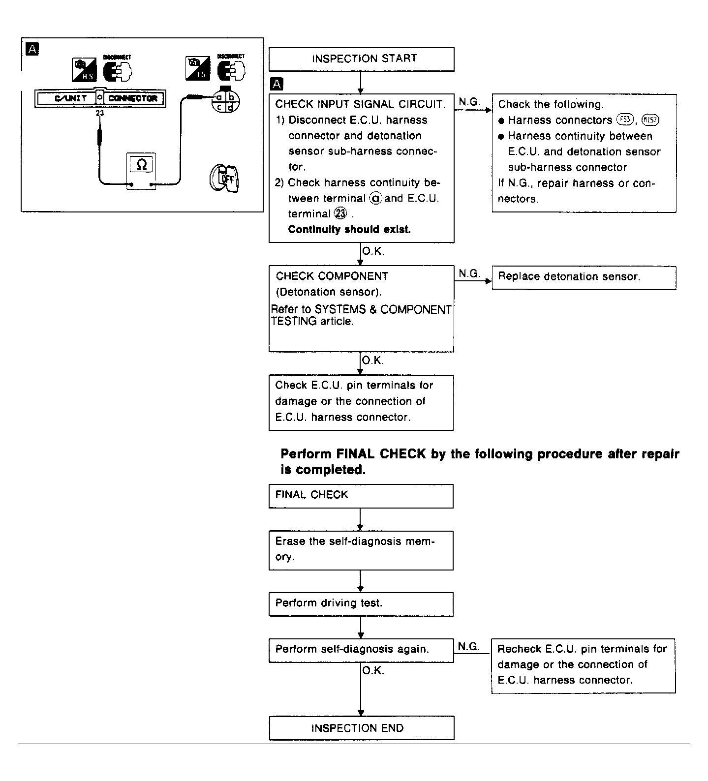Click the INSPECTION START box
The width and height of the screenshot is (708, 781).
(x=361, y=59)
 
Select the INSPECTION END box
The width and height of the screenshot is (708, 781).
(x=361, y=728)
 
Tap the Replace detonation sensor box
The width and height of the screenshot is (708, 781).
(x=584, y=277)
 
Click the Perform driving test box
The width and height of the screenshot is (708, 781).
(x=361, y=603)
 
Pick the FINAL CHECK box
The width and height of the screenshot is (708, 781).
(x=361, y=495)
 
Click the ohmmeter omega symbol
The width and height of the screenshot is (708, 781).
(x=141, y=165)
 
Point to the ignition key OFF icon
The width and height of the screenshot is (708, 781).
(x=224, y=179)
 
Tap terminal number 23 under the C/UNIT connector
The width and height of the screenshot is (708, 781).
(x=100, y=113)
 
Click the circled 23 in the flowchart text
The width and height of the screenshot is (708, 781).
(x=340, y=213)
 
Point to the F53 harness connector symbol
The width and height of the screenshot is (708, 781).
(x=626, y=120)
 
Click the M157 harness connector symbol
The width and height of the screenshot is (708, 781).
(x=650, y=120)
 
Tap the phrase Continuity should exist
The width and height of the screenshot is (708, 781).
(x=349, y=230)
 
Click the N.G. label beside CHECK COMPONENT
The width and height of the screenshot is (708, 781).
(x=469, y=273)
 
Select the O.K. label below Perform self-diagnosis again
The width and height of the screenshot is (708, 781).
(x=373, y=670)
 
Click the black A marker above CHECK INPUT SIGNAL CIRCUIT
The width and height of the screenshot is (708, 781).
(x=277, y=85)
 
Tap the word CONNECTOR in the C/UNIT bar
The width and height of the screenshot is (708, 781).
(x=133, y=98)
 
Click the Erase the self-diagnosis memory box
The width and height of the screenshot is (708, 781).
(x=361, y=550)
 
